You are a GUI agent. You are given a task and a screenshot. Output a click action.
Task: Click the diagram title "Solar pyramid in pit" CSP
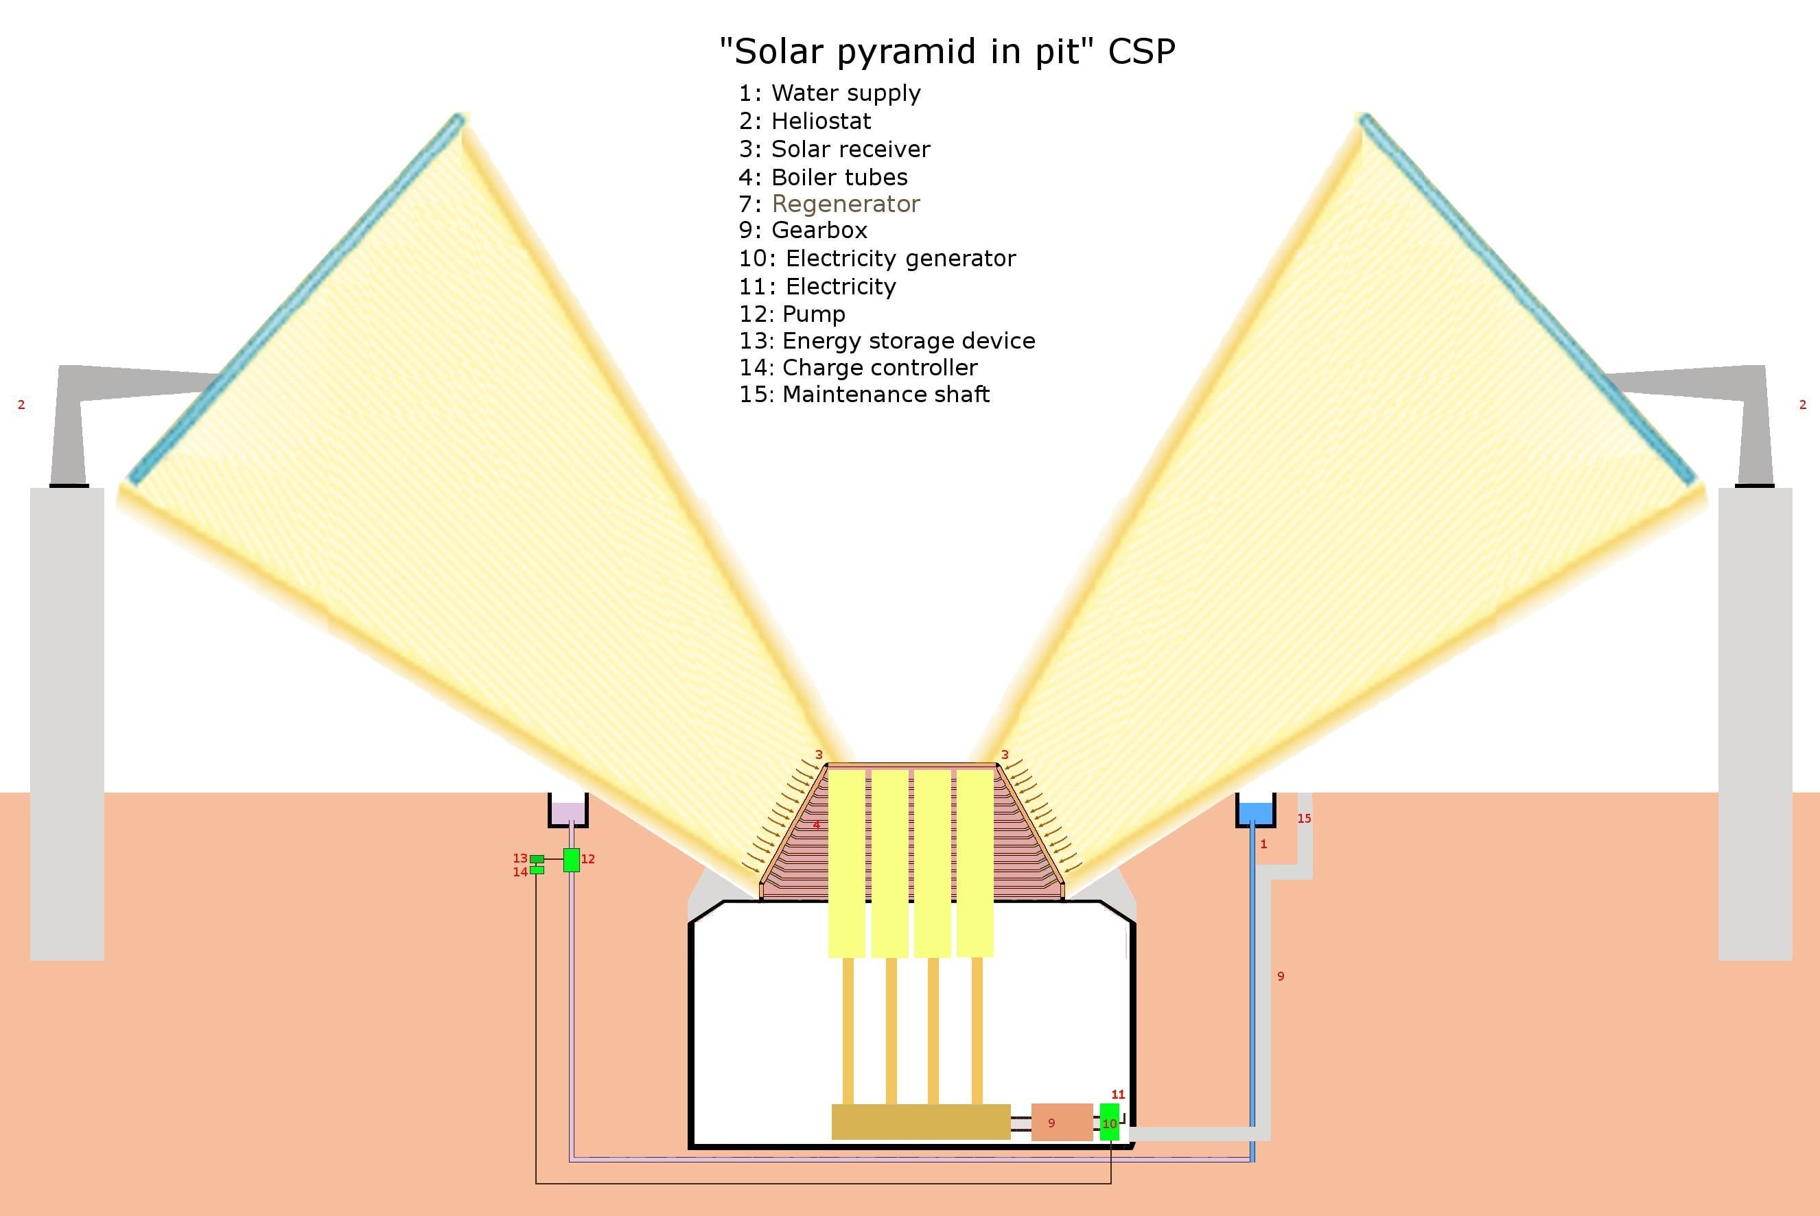[947, 51]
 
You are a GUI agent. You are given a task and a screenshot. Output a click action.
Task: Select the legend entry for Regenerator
[829, 204]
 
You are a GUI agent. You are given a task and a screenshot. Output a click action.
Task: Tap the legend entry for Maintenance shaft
[864, 394]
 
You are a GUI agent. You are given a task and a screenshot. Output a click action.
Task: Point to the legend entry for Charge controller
[858, 368]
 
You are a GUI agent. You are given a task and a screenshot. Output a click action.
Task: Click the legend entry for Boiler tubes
[823, 177]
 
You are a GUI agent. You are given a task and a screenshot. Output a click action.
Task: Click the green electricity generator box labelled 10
[1109, 1122]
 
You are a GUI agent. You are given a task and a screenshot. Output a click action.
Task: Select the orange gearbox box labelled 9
[1061, 1122]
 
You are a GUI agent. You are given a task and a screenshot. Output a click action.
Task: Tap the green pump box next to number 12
[571, 860]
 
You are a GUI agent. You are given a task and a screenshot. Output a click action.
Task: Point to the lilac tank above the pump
[568, 812]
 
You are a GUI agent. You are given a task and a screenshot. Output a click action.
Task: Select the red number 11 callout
[1117, 1095]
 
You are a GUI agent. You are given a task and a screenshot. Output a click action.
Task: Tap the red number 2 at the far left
[21, 405]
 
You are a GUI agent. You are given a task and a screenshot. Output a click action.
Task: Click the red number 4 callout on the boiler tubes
[816, 825]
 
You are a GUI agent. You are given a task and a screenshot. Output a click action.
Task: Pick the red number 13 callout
[520, 858]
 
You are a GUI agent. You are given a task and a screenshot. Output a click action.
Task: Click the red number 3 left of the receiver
[818, 755]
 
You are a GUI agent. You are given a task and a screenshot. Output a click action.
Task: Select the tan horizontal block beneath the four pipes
[920, 1121]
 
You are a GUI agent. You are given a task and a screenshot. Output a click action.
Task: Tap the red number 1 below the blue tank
[1263, 844]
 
